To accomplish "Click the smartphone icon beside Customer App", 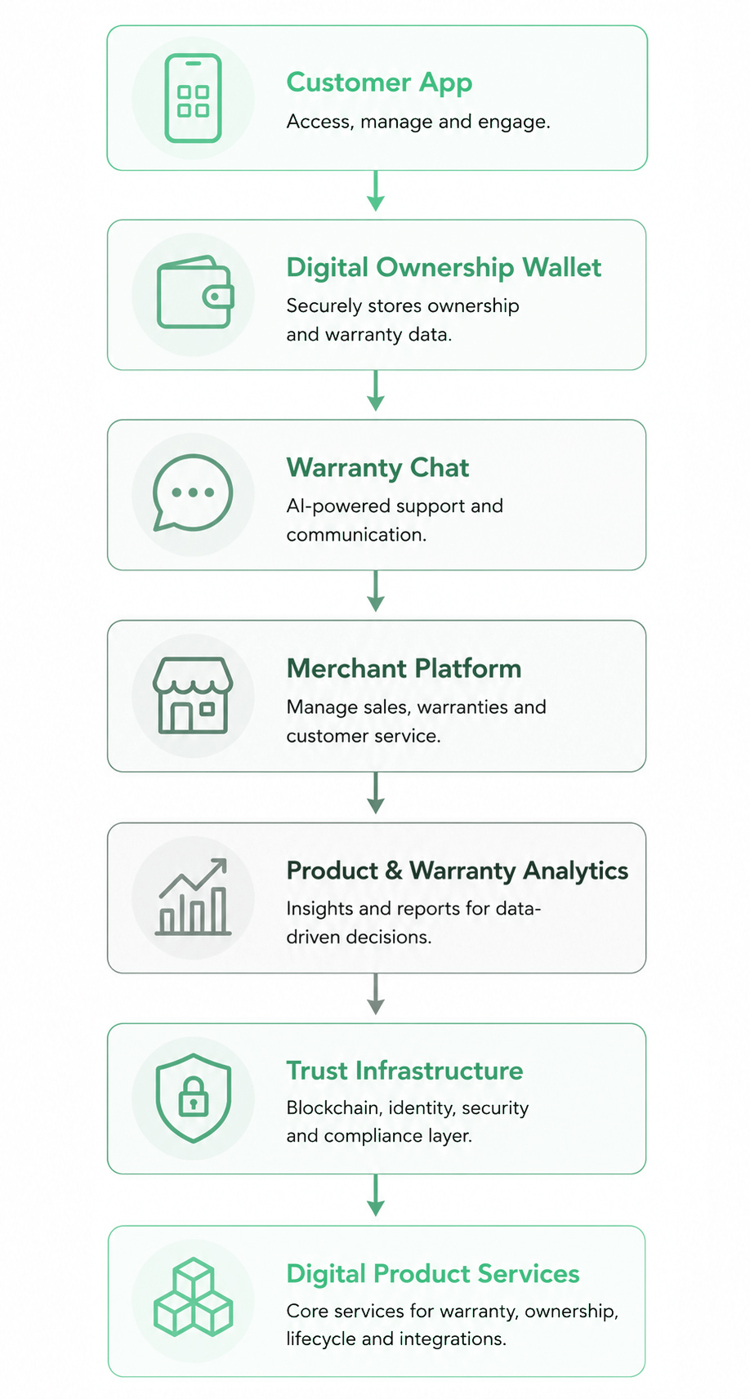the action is [x=193, y=98].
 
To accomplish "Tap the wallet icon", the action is [x=195, y=292].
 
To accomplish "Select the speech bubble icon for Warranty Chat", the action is [x=193, y=492].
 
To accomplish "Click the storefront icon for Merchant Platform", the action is [x=193, y=695].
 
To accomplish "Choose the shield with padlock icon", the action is [x=193, y=1098].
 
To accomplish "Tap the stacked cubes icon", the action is [x=193, y=1297].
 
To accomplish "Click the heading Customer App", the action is [x=379, y=83].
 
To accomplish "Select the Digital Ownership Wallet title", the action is [x=444, y=268].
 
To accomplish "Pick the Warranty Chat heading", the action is [x=377, y=468].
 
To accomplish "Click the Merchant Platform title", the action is [x=404, y=668].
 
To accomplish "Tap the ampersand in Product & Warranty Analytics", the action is [x=394, y=871].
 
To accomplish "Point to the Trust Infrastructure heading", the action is [x=404, y=1071].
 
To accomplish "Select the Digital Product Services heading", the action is [x=433, y=1273].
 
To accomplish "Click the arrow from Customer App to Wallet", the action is [x=376, y=191].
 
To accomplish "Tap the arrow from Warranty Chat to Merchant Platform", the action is [x=376, y=590].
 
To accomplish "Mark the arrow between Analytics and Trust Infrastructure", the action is [x=376, y=994].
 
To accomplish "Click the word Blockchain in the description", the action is [x=334, y=1108].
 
